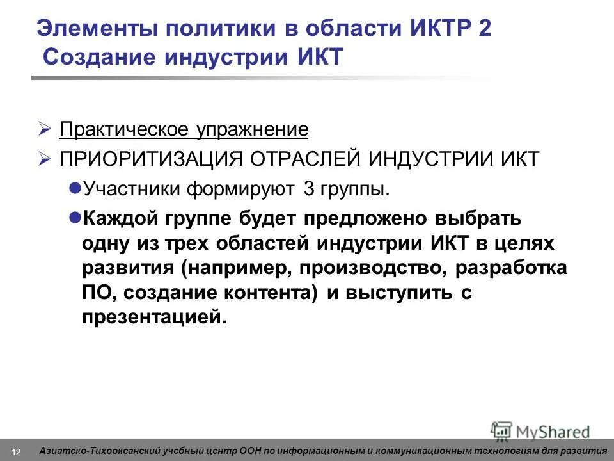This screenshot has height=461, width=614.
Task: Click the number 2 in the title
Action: point(484,29)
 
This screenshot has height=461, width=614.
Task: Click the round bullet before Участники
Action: point(74,188)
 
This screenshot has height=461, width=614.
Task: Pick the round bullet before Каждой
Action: point(74,216)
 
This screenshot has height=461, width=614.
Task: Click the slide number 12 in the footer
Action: point(16,451)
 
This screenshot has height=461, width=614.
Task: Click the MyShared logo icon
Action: point(501,430)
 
